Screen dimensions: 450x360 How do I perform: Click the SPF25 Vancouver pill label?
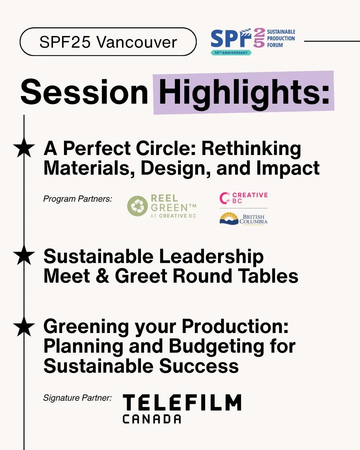pos(108,42)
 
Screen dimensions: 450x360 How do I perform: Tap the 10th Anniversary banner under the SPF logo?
pos(231,53)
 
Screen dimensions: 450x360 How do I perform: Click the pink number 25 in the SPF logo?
pos(259,38)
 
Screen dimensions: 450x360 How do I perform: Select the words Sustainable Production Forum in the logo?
pos(281,38)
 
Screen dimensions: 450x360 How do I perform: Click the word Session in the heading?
pos(84,92)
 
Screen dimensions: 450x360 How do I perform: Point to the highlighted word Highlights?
pos(244,92)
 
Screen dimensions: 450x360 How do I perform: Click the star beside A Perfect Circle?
pos(24,148)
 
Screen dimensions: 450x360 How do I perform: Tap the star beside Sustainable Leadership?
pos(24,256)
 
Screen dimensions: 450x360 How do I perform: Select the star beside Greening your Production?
pos(24,327)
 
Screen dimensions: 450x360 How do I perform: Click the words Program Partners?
pos(78,199)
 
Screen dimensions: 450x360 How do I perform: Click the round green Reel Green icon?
pos(137,206)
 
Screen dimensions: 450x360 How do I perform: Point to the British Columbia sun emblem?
pos(229,219)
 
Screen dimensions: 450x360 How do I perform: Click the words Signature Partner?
pos(77,398)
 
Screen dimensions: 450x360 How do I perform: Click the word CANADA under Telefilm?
pos(152,419)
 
